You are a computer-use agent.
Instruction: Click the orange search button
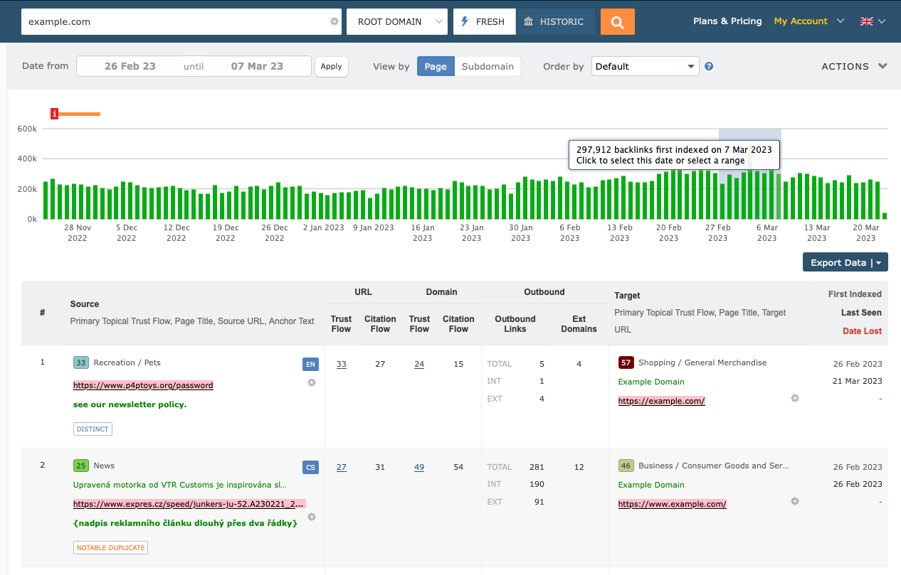click(x=617, y=22)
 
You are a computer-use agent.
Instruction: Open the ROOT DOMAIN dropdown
click(x=397, y=22)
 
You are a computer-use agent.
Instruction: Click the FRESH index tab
click(x=484, y=22)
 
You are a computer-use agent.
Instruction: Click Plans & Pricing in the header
click(x=727, y=21)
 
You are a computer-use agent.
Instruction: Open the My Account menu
click(x=808, y=21)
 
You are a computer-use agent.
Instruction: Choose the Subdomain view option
click(x=488, y=66)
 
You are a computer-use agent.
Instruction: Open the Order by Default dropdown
click(x=645, y=66)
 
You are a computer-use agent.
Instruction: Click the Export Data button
click(x=845, y=262)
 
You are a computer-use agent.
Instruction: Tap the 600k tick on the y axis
click(x=27, y=129)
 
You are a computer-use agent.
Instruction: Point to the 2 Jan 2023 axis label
click(x=323, y=228)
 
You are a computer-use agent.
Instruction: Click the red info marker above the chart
click(x=54, y=114)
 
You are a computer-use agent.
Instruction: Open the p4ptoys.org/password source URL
click(x=143, y=385)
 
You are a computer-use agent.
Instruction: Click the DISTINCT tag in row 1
click(x=93, y=429)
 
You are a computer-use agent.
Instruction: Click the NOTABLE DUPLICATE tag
click(x=110, y=547)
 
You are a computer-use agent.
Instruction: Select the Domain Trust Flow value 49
click(x=419, y=467)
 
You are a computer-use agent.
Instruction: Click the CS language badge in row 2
click(x=310, y=467)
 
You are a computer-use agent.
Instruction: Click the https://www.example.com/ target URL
click(x=672, y=504)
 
